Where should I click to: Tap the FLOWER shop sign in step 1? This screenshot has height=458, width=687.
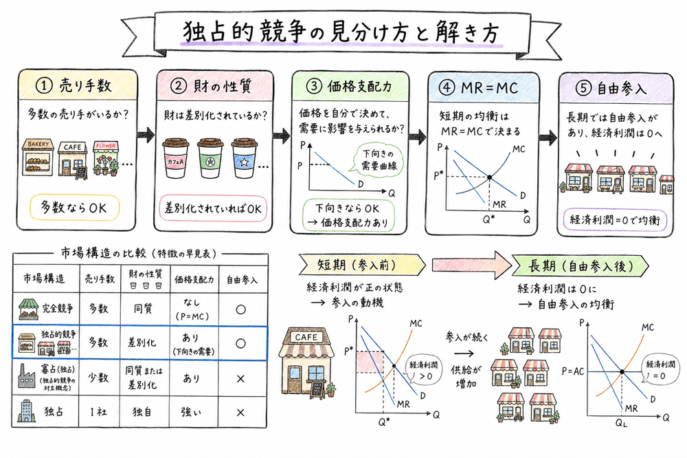106,146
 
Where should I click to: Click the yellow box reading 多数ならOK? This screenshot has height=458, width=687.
76,207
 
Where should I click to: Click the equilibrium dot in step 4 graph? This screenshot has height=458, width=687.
488,177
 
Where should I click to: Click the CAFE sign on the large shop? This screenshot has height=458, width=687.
306,337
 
